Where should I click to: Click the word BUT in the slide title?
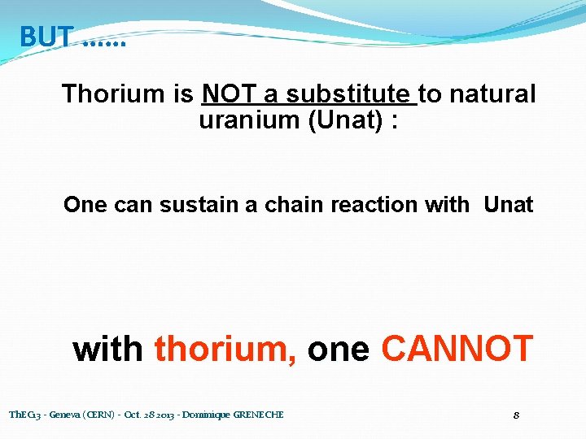[x=46, y=37]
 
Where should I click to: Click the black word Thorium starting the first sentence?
[x=113, y=94]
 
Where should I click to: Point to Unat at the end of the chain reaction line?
[x=508, y=205]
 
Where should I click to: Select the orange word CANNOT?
[x=457, y=349]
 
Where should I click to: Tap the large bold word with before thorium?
[x=108, y=349]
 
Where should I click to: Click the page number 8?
[x=517, y=415]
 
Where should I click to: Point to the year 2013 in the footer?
[x=160, y=415]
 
